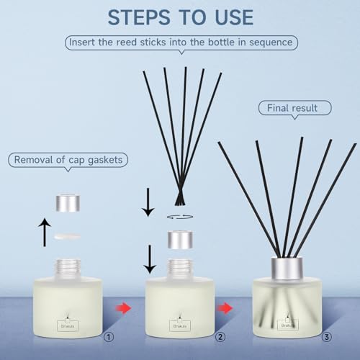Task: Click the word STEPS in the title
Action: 139,17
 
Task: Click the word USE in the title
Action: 234,17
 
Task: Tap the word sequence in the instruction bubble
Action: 271,42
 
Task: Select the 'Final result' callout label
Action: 294,108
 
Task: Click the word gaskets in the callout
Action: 105,160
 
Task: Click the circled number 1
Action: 109,337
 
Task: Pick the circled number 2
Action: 220,337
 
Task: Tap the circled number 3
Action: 327,337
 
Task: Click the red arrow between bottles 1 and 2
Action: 123,308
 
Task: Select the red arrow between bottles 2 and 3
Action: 225,308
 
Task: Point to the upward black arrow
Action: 45,232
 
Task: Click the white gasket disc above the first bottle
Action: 67,236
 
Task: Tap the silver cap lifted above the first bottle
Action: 68,203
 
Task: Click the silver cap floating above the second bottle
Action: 180,240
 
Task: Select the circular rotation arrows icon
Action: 180,217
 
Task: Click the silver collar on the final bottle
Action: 287,269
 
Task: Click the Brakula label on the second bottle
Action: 180,326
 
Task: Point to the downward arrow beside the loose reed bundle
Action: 148,202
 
